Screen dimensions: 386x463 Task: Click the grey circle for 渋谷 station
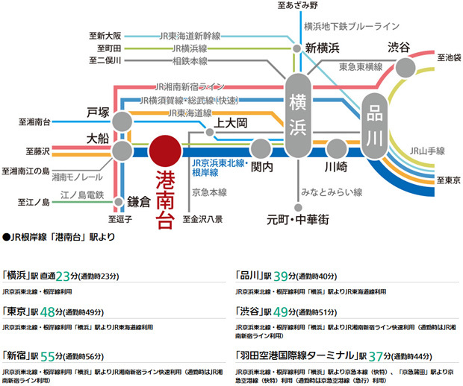tap(406, 68)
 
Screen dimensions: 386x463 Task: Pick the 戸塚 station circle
tap(122, 121)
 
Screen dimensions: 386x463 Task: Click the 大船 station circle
tap(122, 151)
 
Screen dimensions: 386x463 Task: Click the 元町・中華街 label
tap(298, 220)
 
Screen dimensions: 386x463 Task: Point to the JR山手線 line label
tap(428, 151)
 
